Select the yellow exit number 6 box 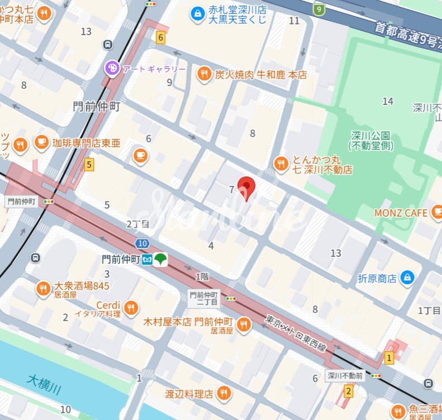coord(161,38)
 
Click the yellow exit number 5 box coord(89,165)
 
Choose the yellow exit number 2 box coord(349,391)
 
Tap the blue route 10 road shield coord(142,243)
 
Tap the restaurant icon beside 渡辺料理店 coord(224,394)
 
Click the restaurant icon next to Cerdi coord(131,308)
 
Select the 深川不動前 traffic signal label coord(345,376)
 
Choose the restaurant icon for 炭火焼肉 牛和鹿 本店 coord(205,74)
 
